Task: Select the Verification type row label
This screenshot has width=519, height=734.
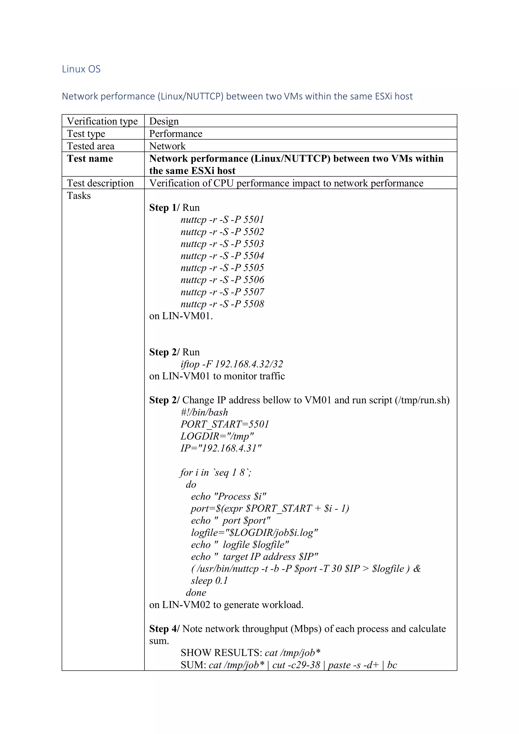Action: click(102, 121)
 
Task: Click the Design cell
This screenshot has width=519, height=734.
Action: click(164, 121)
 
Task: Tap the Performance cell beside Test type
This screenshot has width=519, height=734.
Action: click(176, 134)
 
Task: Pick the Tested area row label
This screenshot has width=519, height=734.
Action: click(90, 146)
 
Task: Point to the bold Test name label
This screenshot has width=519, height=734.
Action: click(90, 159)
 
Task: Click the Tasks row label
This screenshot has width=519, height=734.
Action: click(79, 196)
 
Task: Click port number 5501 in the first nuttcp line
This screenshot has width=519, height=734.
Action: click(254, 220)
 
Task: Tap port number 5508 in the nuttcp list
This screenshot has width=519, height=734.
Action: click(254, 304)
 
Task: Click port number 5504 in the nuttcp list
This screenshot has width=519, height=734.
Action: click(254, 256)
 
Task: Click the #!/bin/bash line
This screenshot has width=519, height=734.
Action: click(204, 412)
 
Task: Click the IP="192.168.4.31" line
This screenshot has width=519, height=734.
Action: click(221, 448)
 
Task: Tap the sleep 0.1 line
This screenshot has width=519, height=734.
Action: click(209, 581)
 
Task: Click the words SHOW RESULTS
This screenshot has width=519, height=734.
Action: click(221, 653)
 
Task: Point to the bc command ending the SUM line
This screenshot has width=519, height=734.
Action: click(392, 665)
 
